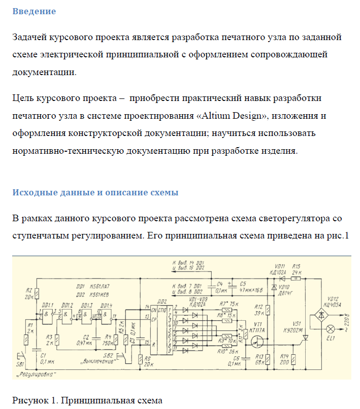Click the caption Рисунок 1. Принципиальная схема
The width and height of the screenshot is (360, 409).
click(x=87, y=400)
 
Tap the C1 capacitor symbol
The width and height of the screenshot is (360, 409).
click(x=36, y=350)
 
